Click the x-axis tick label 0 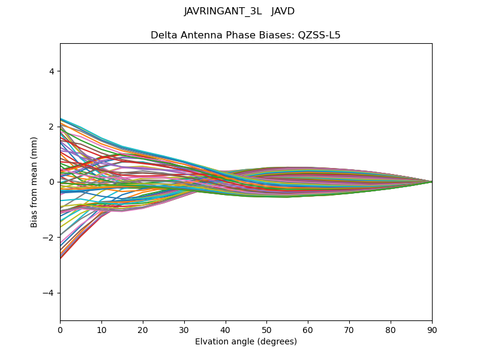60,329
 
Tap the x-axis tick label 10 101,329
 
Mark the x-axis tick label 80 391,329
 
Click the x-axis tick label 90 432,329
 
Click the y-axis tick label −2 49,238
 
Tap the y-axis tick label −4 49,293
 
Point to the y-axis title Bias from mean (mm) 34,181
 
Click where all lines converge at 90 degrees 431,182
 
